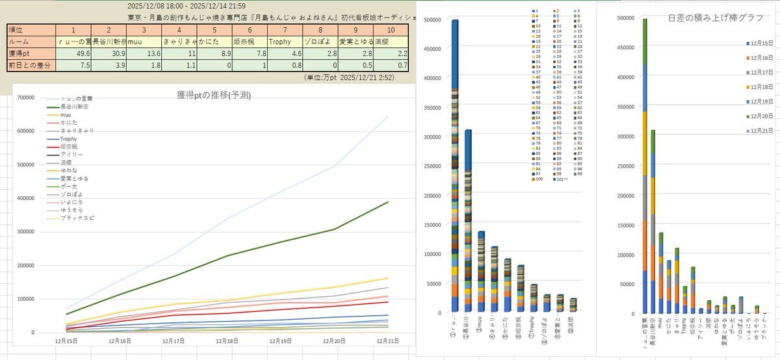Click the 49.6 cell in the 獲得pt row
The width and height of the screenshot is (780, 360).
click(x=73, y=53)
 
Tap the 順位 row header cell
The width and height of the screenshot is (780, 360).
click(x=29, y=30)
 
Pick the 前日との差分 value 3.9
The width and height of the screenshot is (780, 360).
click(x=109, y=65)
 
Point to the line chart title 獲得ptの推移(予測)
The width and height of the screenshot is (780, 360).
click(x=214, y=95)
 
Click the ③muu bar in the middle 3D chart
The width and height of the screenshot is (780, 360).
click(x=480, y=273)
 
